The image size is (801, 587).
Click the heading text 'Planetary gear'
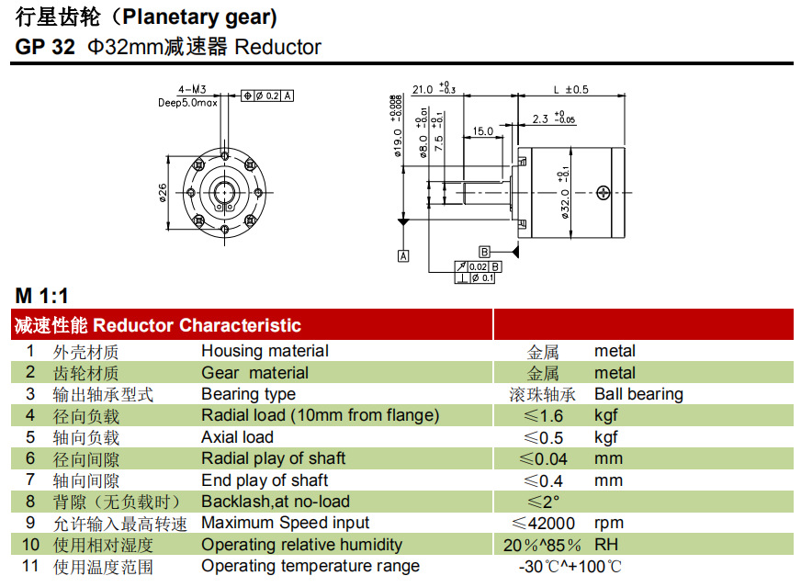pos(197,17)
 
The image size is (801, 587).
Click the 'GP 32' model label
pos(45,47)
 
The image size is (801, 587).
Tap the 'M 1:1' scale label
pos(41,296)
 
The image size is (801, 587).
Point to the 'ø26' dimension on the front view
pos(163,193)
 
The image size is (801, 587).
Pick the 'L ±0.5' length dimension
pos(570,90)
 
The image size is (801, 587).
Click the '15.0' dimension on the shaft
pos(483,131)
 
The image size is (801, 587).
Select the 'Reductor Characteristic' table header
pos(197,325)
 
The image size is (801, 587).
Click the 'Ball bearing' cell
pos(638,394)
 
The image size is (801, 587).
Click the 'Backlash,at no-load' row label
pos(276,502)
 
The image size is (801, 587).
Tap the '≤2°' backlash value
pos(543,502)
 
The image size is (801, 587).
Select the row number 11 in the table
pos(30,566)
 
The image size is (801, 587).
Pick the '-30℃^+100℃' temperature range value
pos(570,567)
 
